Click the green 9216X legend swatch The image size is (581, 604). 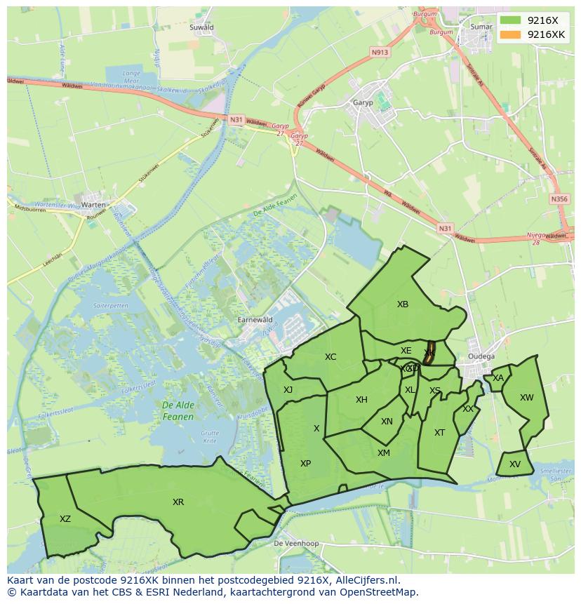click(x=510, y=20)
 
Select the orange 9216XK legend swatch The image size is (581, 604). click(x=510, y=34)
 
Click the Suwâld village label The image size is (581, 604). click(x=201, y=27)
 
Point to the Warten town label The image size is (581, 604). click(x=93, y=205)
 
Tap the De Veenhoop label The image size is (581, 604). click(x=296, y=544)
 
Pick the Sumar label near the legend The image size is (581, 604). click(x=481, y=27)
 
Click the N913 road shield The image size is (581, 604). click(x=380, y=52)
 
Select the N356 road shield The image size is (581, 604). click(x=559, y=199)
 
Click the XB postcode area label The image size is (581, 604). click(x=402, y=304)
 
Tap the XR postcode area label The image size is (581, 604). click(x=178, y=502)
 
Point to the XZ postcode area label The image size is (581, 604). click(x=65, y=519)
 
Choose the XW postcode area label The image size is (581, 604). click(x=526, y=398)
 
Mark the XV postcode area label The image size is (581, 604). click(x=515, y=464)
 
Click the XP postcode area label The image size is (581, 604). click(x=305, y=464)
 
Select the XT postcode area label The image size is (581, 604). click(x=439, y=433)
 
